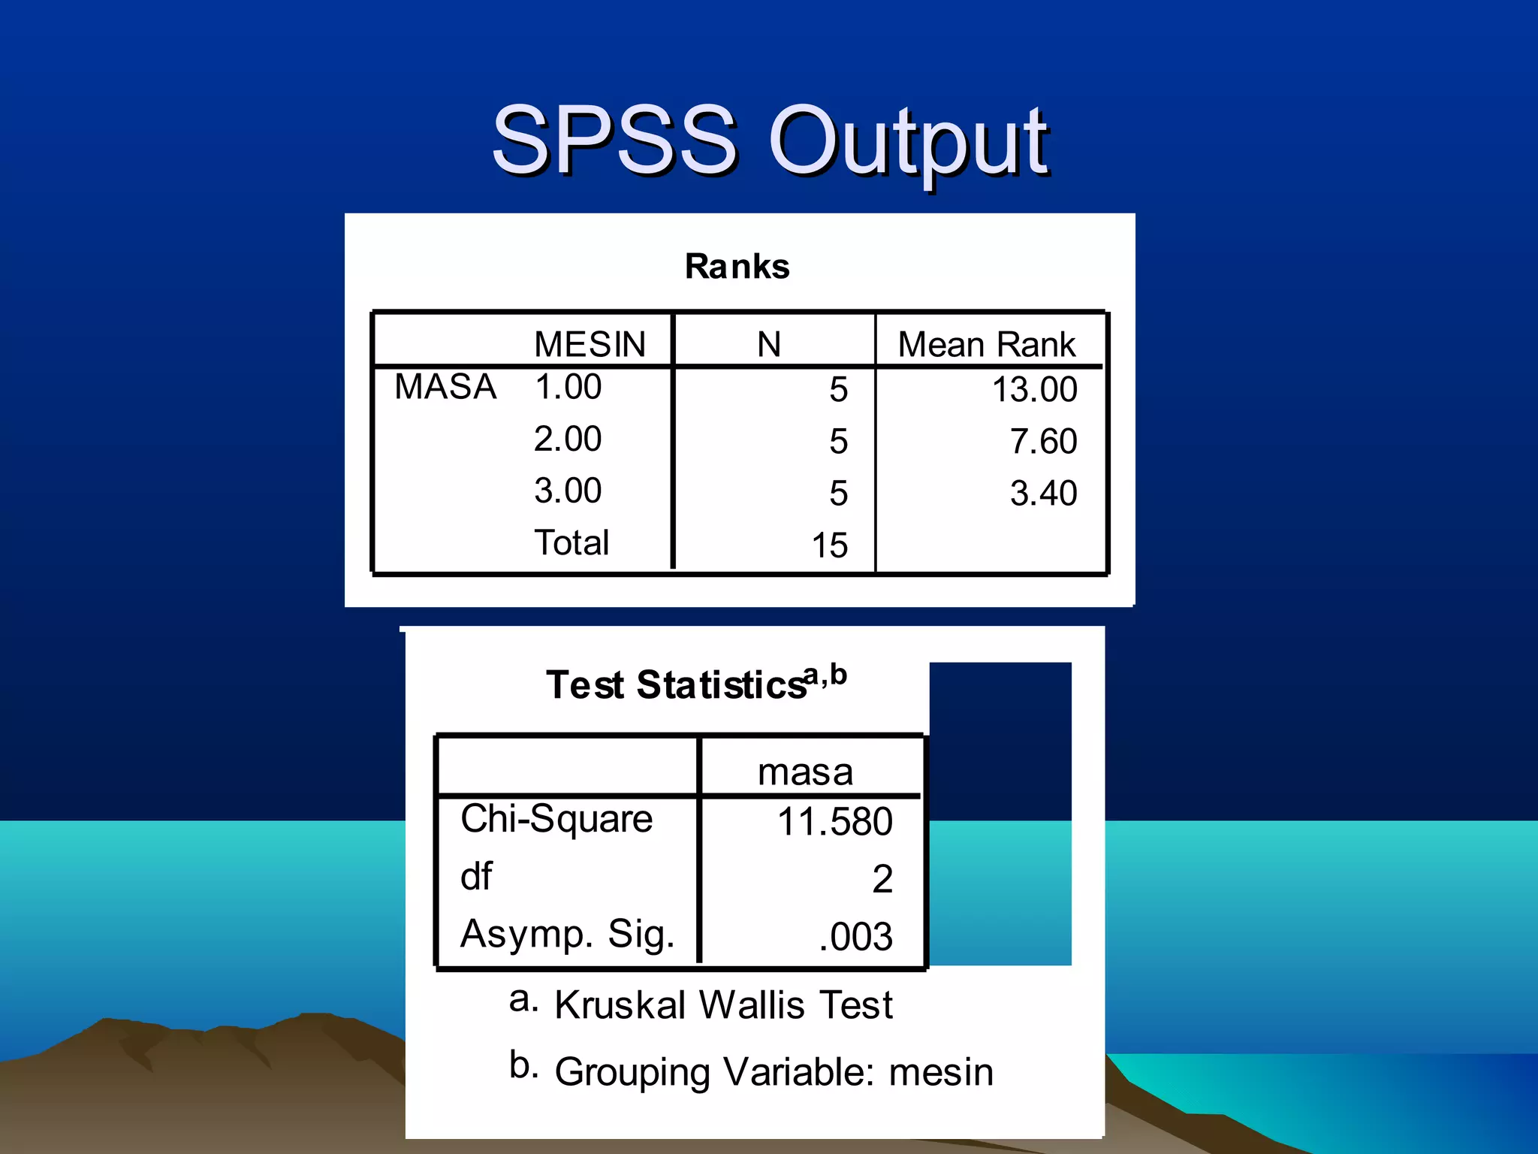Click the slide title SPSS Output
point(770,140)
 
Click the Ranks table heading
point(737,267)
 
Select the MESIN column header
point(590,345)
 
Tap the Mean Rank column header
point(986,345)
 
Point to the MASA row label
point(445,388)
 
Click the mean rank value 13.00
point(1034,390)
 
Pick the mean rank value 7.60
point(1043,442)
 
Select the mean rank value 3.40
point(1043,494)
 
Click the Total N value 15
point(829,545)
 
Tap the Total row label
point(571,542)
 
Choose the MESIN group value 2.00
point(568,439)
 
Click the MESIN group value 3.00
point(568,491)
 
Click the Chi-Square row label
point(556,819)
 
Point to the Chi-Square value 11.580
point(834,821)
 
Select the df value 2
point(882,879)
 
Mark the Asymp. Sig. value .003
point(855,937)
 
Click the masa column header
point(805,772)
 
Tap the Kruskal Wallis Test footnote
point(723,1005)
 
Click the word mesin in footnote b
point(941,1072)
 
